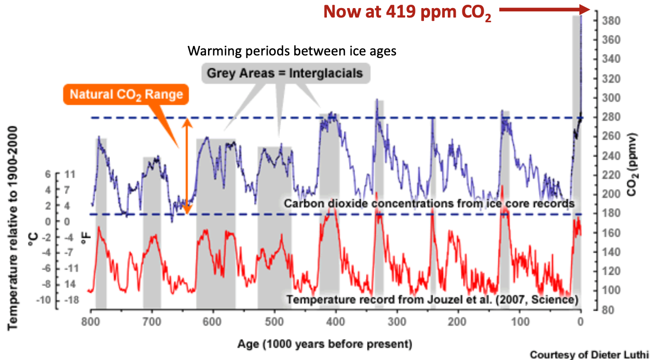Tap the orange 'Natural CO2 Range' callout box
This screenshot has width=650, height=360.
pyautogui.click(x=126, y=94)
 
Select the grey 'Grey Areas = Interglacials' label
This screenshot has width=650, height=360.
pyautogui.click(x=285, y=73)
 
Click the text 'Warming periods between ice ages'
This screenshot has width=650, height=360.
pyautogui.click(x=291, y=51)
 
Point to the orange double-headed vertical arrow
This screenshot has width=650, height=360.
pyautogui.click(x=188, y=166)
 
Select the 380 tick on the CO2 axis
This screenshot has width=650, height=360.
pyautogui.click(x=609, y=21)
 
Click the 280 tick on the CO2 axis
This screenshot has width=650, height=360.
pyautogui.click(x=609, y=117)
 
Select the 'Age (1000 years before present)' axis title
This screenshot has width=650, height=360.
pyautogui.click(x=325, y=343)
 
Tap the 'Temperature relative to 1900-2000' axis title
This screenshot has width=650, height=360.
pyautogui.click(x=13, y=227)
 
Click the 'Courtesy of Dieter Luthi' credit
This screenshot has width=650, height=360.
pyautogui.click(x=589, y=354)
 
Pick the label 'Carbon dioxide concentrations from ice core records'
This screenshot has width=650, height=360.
pyautogui.click(x=429, y=204)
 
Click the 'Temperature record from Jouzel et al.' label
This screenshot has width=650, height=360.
pyautogui.click(x=432, y=299)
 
